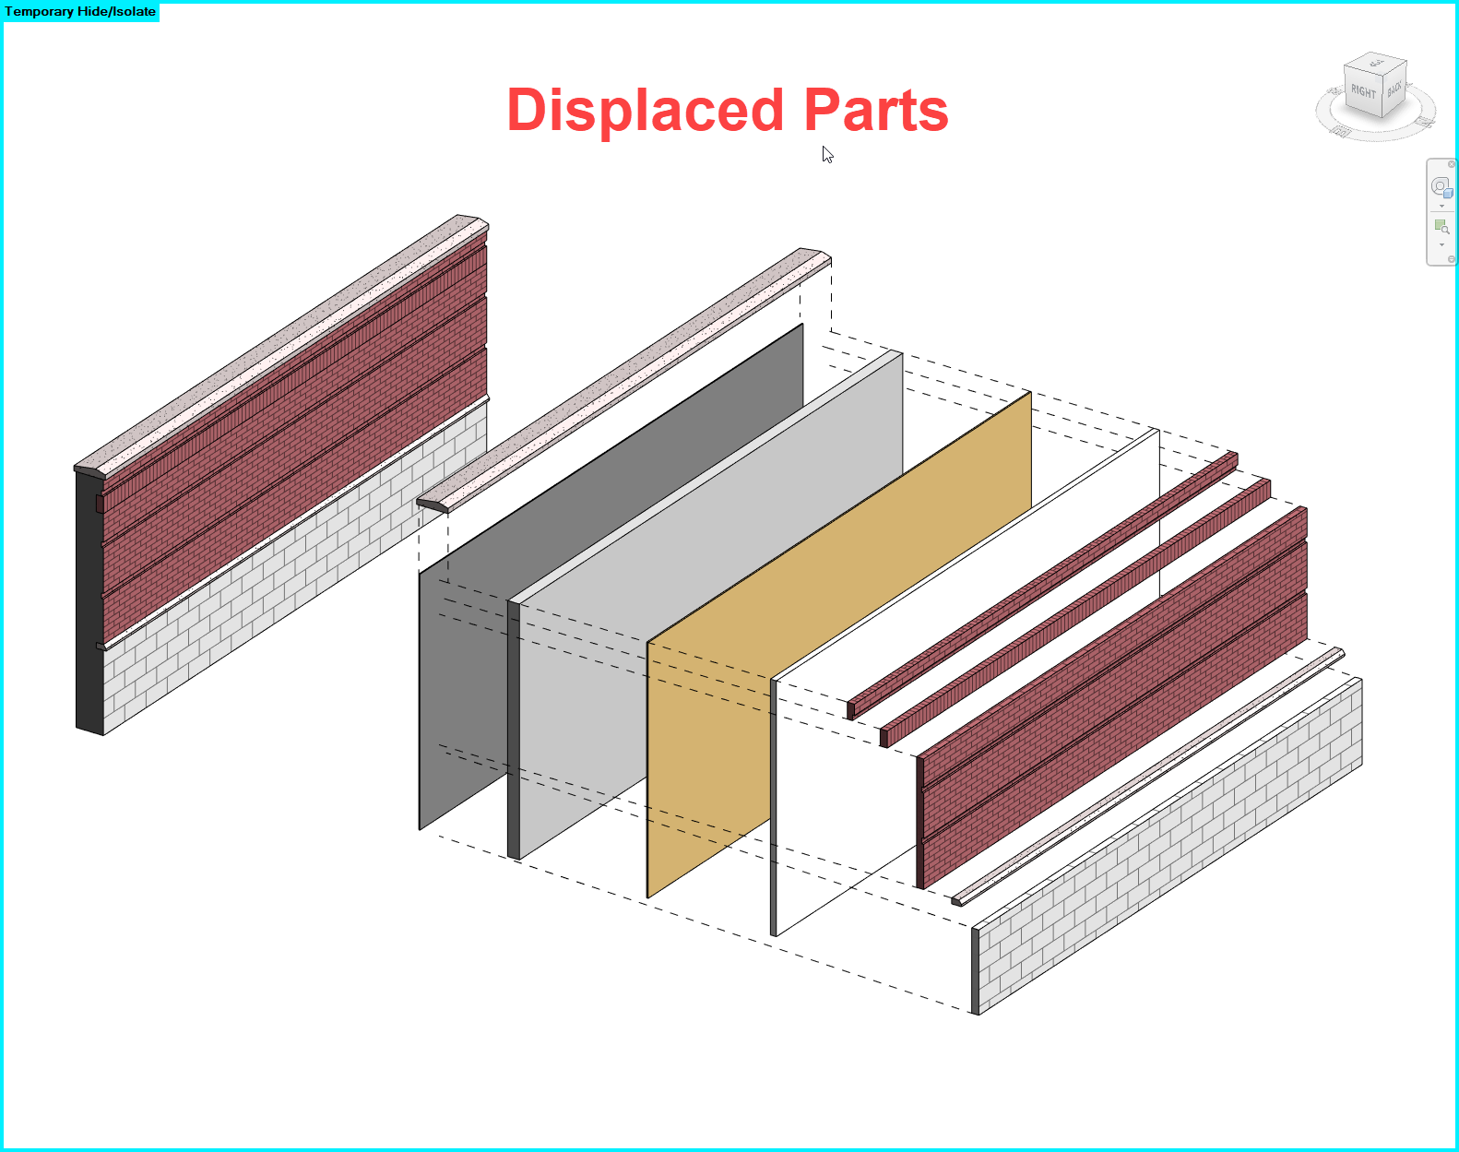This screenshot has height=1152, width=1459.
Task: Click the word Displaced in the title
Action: (x=645, y=111)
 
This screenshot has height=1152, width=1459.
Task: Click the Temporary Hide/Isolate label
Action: (x=80, y=12)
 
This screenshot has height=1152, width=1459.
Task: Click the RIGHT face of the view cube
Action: (x=1363, y=92)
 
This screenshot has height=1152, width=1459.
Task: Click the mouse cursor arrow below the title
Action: (x=827, y=155)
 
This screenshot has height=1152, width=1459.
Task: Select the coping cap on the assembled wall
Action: (x=277, y=341)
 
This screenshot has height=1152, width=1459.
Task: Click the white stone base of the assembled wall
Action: (x=295, y=572)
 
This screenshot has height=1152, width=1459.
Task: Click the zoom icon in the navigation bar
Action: (x=1441, y=227)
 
